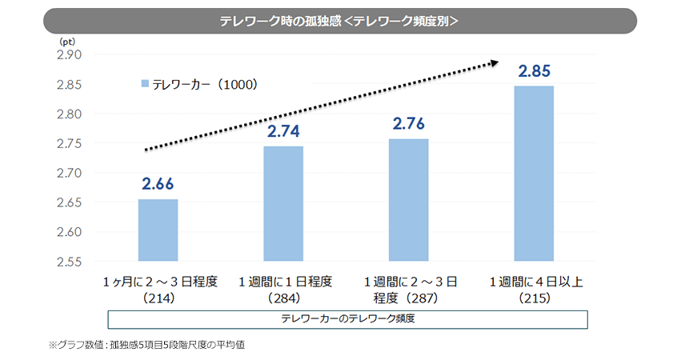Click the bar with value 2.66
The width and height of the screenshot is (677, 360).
click(x=158, y=230)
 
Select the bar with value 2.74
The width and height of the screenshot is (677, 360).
click(x=283, y=204)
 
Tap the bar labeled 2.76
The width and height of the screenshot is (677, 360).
click(x=408, y=200)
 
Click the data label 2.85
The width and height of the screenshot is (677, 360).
click(x=534, y=71)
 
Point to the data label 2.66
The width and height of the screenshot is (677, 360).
click(x=158, y=185)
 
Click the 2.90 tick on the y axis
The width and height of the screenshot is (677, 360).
click(x=70, y=55)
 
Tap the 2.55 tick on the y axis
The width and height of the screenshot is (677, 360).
click(x=70, y=262)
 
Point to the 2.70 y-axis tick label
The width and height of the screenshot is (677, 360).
click(x=70, y=173)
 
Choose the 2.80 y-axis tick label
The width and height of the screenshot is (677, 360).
click(x=70, y=114)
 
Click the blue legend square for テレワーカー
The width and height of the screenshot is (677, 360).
click(x=145, y=83)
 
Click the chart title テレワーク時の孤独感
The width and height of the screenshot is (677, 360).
click(x=338, y=22)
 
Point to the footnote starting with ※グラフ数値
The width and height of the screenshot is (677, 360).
click(x=152, y=346)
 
